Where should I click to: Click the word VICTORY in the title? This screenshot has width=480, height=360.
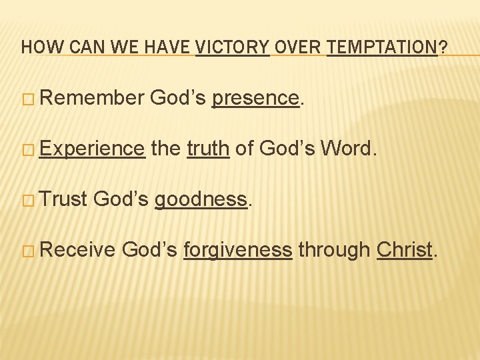pos(232,48)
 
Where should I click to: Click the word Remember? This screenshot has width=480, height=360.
pos(92,99)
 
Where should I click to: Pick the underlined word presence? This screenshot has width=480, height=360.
pos(255,99)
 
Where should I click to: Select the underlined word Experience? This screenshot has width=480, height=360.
pos(92,149)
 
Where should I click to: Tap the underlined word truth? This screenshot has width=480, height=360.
pos(208,149)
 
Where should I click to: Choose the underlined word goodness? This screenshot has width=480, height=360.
pos(201,199)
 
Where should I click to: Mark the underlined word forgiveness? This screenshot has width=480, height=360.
pos(237,250)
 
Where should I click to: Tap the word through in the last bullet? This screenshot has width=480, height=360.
pos(334,250)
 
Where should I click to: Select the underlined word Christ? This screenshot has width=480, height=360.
pos(404,249)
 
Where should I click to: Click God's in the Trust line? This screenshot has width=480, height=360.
pos(124,199)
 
